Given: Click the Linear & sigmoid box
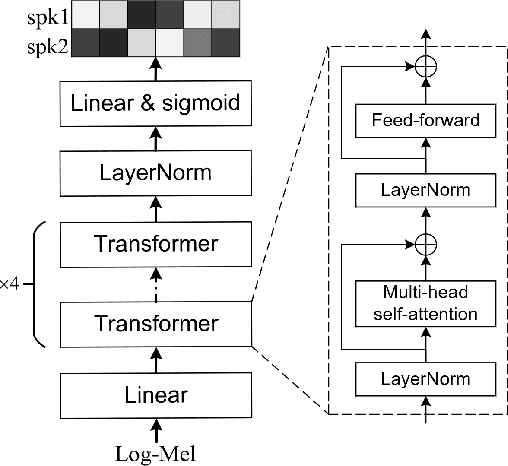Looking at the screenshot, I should click(x=155, y=103).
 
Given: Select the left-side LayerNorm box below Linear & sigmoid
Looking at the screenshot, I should click(x=155, y=173).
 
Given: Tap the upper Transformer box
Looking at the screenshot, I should click(x=155, y=244).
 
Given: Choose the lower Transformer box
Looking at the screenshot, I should click(x=155, y=323).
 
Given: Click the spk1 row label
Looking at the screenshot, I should click(x=40, y=17).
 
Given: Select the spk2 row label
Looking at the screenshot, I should click(x=40, y=44).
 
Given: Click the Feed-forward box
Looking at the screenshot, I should click(x=427, y=120).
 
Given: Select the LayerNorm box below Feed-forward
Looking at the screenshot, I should click(x=427, y=187).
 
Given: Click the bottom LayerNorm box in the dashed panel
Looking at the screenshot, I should click(x=427, y=379).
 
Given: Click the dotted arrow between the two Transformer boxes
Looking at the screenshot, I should click(x=155, y=283).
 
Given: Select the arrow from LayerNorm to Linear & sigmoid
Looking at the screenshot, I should click(x=155, y=138).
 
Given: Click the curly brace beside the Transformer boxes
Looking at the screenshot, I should click(x=38, y=284).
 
